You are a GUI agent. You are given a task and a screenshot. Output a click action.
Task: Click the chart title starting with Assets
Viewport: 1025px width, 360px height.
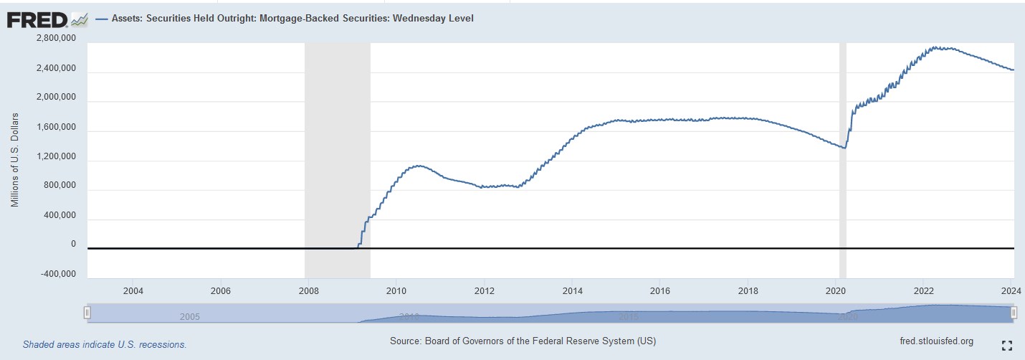tap(292, 19)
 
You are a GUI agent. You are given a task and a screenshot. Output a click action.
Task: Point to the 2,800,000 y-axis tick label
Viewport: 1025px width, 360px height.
tap(56, 39)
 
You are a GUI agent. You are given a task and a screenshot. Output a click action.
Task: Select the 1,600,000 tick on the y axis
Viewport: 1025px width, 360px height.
tap(56, 127)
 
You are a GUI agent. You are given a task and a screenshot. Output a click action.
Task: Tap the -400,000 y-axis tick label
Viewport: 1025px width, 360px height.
tap(54, 274)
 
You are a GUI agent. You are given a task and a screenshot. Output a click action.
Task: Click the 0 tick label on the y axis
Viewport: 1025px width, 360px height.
tap(73, 245)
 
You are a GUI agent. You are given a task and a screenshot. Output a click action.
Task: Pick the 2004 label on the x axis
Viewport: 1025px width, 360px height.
tap(133, 290)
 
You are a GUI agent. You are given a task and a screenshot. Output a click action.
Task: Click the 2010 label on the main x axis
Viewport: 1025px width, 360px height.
tap(396, 290)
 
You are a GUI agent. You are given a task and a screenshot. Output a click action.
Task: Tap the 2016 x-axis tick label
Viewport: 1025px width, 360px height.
tap(659, 290)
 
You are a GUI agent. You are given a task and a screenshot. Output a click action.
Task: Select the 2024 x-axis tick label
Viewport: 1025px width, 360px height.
tap(1011, 290)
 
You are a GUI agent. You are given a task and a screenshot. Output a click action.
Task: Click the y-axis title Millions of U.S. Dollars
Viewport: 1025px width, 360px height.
tap(14, 160)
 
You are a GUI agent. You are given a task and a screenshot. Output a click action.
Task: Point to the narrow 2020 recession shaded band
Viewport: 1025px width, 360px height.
tap(842, 143)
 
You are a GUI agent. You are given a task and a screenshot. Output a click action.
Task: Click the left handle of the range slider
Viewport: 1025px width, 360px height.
tap(87, 313)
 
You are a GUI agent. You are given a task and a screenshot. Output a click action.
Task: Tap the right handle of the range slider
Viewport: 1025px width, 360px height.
tap(1014, 313)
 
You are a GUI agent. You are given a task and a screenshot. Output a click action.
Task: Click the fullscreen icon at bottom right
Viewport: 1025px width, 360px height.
tap(1006, 345)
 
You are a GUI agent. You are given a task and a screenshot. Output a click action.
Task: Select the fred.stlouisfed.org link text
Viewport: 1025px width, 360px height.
tap(935, 341)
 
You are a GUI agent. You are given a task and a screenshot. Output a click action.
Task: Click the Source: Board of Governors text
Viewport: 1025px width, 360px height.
tap(523, 341)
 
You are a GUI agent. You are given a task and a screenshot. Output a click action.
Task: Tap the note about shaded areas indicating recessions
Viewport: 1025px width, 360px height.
tap(105, 344)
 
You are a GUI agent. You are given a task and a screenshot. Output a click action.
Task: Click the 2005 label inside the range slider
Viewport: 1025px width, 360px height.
tap(189, 317)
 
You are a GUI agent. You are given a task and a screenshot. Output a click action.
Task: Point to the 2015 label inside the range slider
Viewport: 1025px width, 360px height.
tap(628, 316)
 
